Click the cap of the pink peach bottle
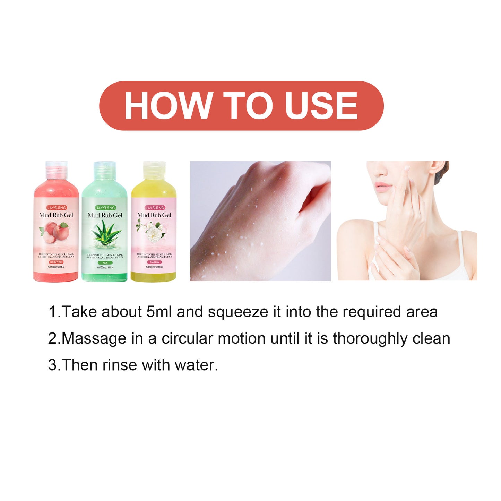[57, 168]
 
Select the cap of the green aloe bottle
[105, 168]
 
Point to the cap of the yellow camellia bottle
[154, 168]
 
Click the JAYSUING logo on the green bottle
[105, 208]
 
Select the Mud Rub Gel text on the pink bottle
[56, 215]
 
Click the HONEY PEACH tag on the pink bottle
[56, 262]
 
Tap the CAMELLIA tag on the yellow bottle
[154, 262]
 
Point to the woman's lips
[382, 188]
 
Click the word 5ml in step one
[159, 312]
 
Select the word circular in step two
[187, 338]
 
